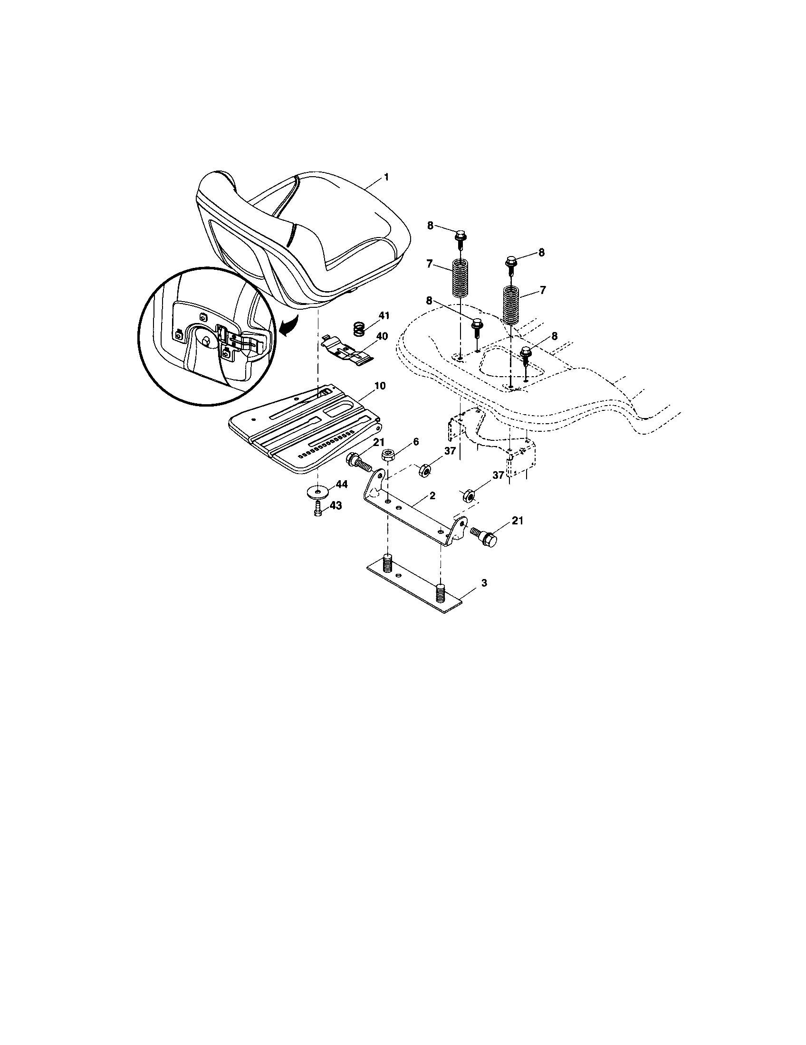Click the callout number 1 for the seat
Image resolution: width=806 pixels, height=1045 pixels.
(x=386, y=178)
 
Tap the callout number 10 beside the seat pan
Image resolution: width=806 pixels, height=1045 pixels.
(x=380, y=386)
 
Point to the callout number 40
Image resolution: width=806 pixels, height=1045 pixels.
(x=382, y=336)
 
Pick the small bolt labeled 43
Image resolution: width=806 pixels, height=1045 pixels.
(x=317, y=513)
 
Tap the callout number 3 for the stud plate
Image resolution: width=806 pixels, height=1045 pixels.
(x=484, y=583)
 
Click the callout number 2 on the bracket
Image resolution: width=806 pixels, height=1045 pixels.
(x=432, y=496)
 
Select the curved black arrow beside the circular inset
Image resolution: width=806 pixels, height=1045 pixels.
(x=288, y=328)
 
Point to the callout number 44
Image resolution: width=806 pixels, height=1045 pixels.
(x=341, y=484)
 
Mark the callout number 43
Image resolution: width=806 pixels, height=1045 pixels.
(x=336, y=506)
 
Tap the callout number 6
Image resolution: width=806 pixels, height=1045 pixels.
(x=415, y=442)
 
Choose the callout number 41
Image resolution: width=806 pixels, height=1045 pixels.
(x=384, y=315)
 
